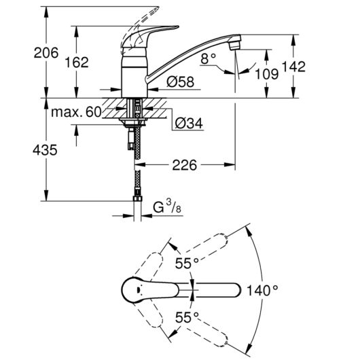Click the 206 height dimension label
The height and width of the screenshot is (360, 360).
click(x=46, y=53)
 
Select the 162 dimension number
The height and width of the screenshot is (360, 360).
click(x=77, y=62)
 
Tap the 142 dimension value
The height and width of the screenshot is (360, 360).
click(x=293, y=67)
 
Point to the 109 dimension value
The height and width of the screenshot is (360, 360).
click(x=267, y=74)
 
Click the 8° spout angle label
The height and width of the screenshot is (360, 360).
click(x=208, y=58)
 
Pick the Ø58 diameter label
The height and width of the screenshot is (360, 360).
click(x=181, y=82)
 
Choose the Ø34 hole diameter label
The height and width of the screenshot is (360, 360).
click(x=189, y=124)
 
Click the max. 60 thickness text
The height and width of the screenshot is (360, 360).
click(x=76, y=112)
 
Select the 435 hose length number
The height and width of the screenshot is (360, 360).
click(x=45, y=150)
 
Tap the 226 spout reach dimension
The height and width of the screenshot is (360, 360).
click(x=185, y=165)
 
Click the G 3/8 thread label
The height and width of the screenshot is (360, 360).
click(x=167, y=206)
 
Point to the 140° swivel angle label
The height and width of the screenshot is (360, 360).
click(x=262, y=291)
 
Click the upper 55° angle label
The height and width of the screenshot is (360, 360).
click(x=187, y=263)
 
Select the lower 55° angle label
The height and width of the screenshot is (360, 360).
click(x=187, y=317)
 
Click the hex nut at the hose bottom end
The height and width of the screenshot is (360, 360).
click(x=137, y=198)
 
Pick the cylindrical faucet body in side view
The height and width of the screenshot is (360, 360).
click(x=134, y=73)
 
